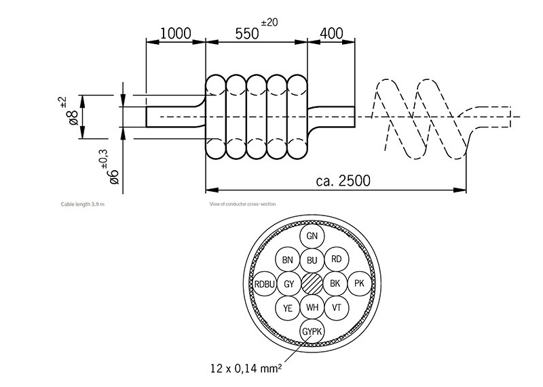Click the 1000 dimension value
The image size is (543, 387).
pyautogui.click(x=175, y=34)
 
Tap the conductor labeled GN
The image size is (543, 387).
pyautogui.click(x=312, y=236)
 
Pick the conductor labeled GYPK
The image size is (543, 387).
pyautogui.click(x=312, y=331)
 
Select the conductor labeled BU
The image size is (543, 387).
pyautogui.click(x=312, y=260)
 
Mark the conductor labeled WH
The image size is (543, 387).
pyautogui.click(x=312, y=307)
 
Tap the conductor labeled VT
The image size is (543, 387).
pyautogui.click(x=336, y=307)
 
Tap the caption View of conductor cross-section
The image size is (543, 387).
pyautogui.click(x=242, y=203)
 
